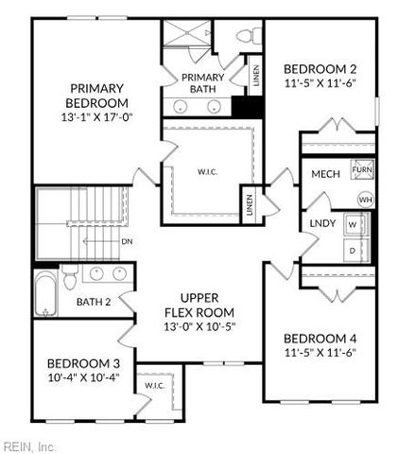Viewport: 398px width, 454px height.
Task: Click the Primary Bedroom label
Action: [x=96, y=96]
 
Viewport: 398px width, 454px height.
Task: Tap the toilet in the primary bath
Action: [x=250, y=36]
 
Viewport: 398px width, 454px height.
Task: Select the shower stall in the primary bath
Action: [x=187, y=33]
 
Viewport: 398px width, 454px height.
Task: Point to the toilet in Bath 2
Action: [x=70, y=276]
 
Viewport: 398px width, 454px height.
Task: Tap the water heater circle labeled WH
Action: [x=366, y=200]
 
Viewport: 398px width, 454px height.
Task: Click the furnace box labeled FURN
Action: [x=362, y=169]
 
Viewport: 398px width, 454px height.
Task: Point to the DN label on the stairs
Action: [x=127, y=242]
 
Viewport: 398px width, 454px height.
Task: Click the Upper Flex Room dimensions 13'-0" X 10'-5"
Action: [x=199, y=327]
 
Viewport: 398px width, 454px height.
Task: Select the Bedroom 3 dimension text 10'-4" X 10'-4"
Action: [x=84, y=377]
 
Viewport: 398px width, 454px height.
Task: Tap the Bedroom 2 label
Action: [x=320, y=69]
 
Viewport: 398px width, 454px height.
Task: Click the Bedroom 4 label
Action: [x=320, y=339]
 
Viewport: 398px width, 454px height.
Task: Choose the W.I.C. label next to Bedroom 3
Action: [x=155, y=385]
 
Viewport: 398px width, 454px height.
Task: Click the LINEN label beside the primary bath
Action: [x=256, y=76]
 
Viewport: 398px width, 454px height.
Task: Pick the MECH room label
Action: [x=325, y=174]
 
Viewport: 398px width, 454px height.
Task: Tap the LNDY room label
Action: [x=322, y=223]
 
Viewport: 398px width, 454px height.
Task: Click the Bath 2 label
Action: [x=94, y=302]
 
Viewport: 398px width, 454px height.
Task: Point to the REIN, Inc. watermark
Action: [x=28, y=446]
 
